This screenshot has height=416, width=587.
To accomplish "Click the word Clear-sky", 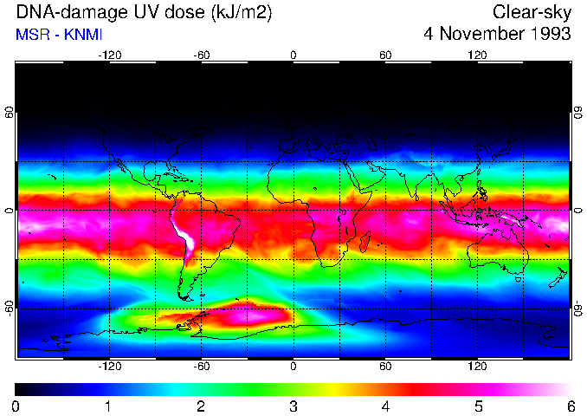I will [532, 12].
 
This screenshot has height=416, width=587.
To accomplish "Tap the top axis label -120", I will [109, 55].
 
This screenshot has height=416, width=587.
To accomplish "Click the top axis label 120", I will [477, 55].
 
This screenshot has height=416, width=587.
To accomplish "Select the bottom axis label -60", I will [201, 366].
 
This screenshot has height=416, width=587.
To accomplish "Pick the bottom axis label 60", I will [385, 366].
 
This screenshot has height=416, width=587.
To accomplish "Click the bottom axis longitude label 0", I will [293, 366].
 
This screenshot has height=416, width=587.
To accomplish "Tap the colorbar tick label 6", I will [570, 406].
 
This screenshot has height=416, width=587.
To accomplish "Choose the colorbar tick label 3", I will [293, 406].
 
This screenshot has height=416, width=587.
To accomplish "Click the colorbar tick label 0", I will [16, 406].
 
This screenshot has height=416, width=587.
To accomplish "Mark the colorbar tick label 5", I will [478, 406].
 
